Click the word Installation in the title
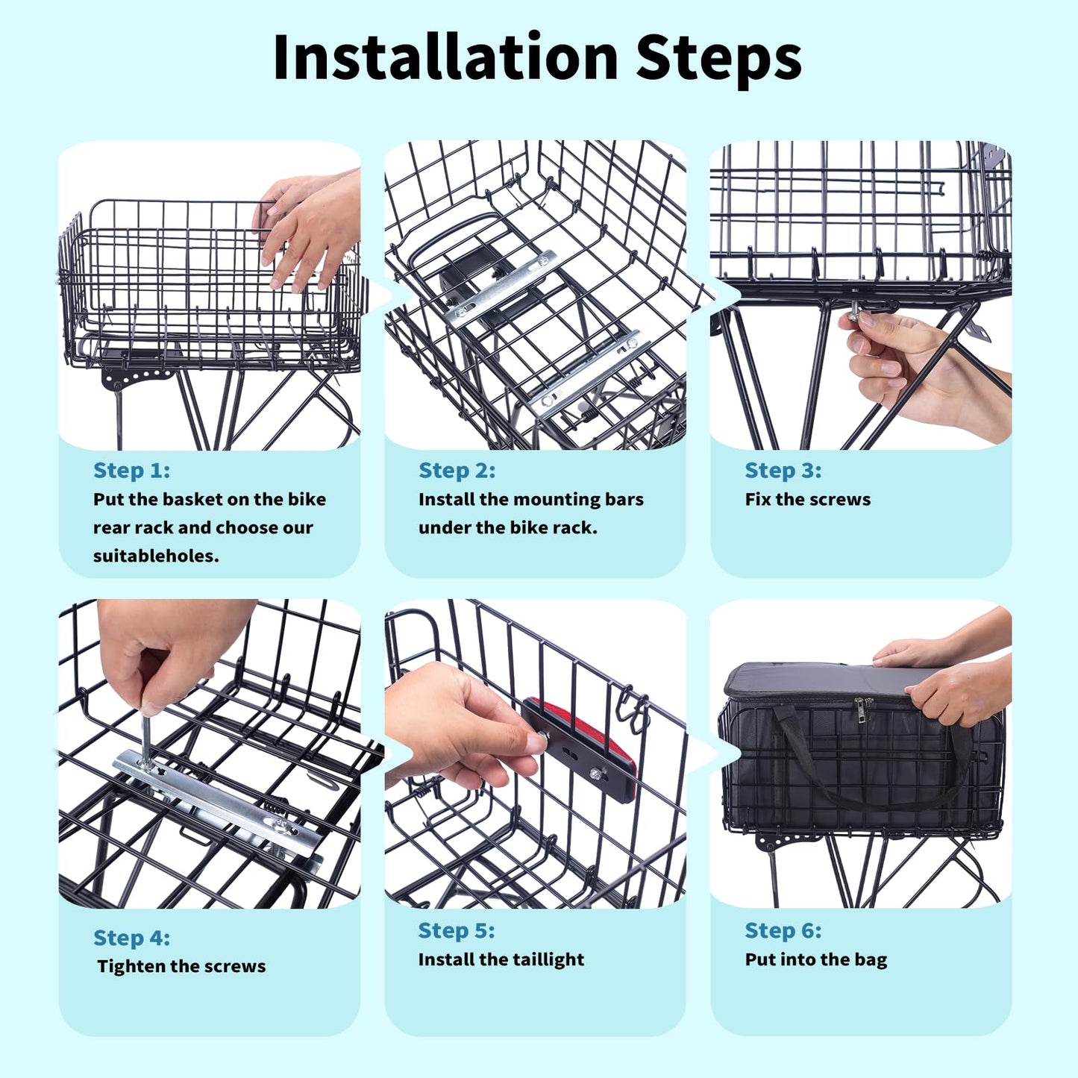coord(445,57)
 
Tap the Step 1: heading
coord(131,470)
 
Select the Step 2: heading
coord(457,470)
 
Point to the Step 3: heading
coord(783,470)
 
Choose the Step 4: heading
coord(131,937)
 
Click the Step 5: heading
coord(456,930)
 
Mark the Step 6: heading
coord(783,930)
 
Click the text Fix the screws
coord(807,499)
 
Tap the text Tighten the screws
coord(181,966)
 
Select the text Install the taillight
coord(501,959)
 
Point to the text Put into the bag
coord(815,959)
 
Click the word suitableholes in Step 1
coord(155,556)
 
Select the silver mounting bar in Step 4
coord(224,802)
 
